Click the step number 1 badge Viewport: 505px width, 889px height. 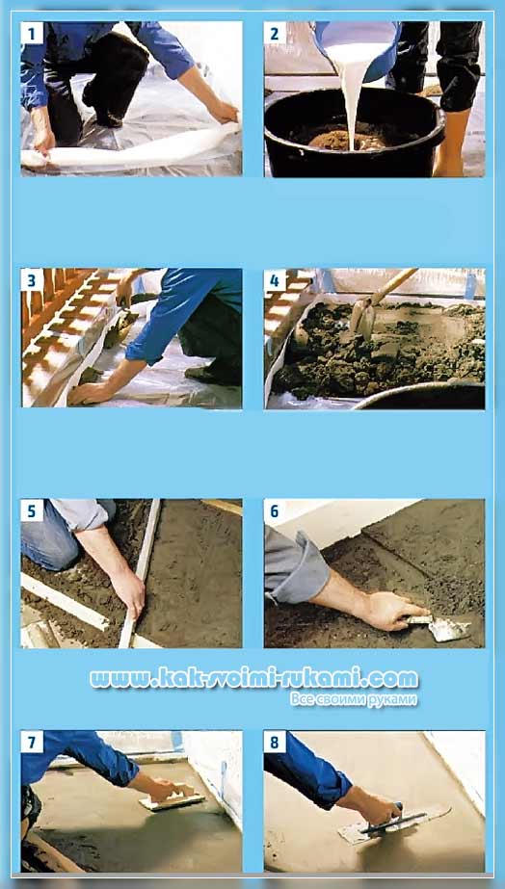[x=32, y=34]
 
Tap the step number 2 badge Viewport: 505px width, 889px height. [x=275, y=34]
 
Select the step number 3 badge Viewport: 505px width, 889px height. [x=32, y=280]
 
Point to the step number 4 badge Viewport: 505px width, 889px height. [x=275, y=280]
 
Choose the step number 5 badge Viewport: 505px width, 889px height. [x=32, y=510]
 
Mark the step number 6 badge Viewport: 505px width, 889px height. [x=275, y=510]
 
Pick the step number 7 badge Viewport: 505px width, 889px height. [x=32, y=742]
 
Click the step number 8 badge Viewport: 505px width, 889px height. [x=275, y=742]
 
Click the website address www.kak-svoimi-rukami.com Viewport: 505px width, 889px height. [x=253, y=678]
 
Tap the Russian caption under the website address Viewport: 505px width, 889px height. [x=354, y=699]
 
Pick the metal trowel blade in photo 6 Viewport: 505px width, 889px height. [x=449, y=629]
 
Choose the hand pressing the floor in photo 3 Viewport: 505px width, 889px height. [x=91, y=393]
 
